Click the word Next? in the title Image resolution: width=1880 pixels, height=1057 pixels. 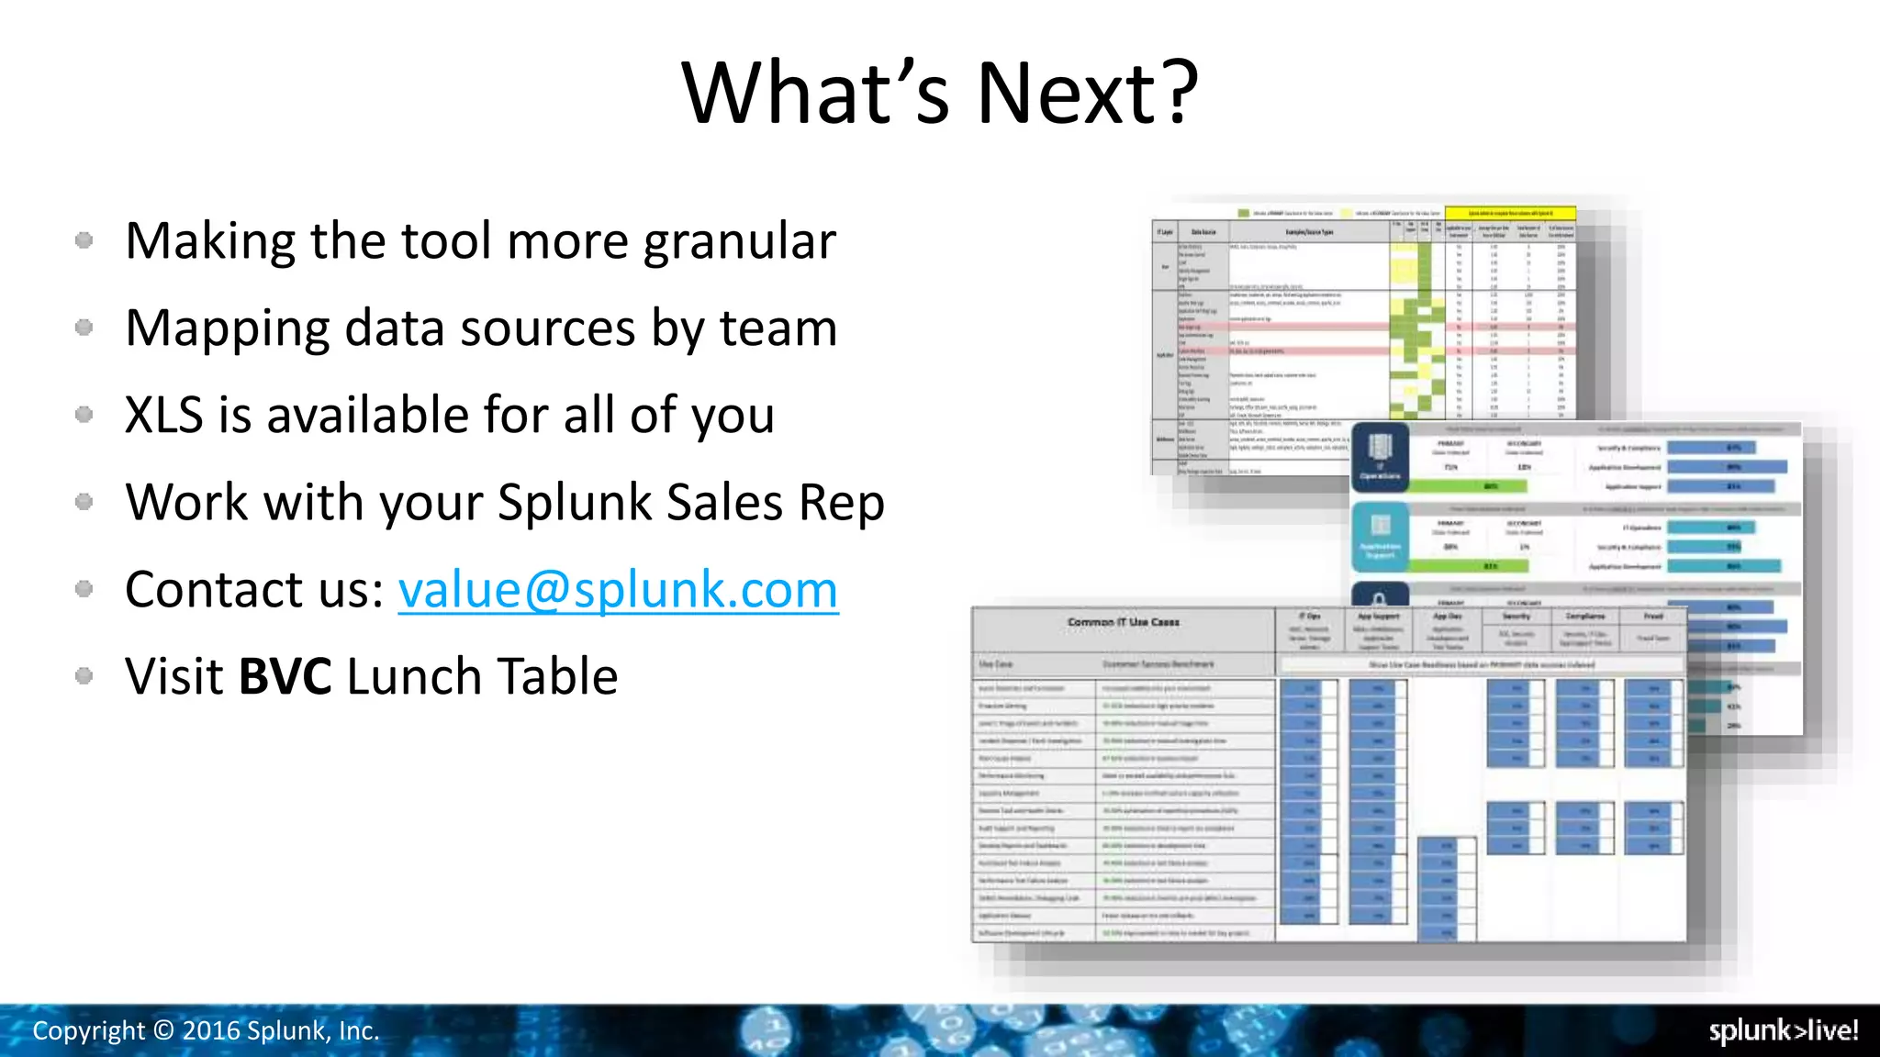(1087, 94)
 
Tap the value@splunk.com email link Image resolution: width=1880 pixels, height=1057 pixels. (618, 590)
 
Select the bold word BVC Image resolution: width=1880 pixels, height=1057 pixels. (285, 677)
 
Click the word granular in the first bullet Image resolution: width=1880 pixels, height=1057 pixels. (740, 242)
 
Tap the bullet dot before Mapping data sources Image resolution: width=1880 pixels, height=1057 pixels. (84, 328)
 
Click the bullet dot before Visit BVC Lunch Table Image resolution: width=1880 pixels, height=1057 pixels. (84, 676)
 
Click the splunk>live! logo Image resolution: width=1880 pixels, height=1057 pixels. (1783, 1030)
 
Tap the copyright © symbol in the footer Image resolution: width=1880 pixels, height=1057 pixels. (163, 1031)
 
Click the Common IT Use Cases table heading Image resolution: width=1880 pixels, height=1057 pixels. (1123, 622)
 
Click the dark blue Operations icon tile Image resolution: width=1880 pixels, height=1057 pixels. (1380, 456)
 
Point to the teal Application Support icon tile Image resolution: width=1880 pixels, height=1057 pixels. (1380, 538)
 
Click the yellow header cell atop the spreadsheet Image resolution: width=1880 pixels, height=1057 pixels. (1510, 213)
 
